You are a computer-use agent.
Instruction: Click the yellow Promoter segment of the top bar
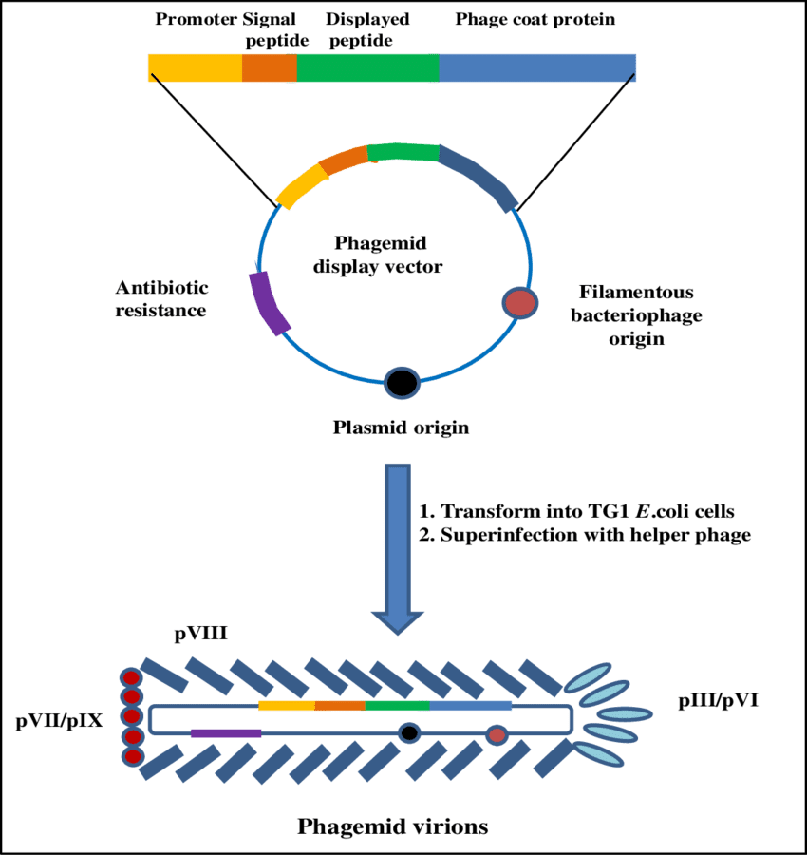pyautogui.click(x=195, y=67)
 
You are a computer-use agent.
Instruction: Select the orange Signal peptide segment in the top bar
pyautogui.click(x=270, y=67)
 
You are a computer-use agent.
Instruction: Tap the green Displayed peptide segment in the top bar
pyautogui.click(x=368, y=67)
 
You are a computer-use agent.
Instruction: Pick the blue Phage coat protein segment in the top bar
pyautogui.click(x=537, y=67)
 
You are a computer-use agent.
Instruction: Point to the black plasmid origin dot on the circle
pyautogui.click(x=402, y=382)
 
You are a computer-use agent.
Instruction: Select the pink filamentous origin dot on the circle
pyautogui.click(x=519, y=303)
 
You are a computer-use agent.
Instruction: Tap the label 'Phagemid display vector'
pyautogui.click(x=378, y=255)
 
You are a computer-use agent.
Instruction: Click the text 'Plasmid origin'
pyautogui.click(x=401, y=427)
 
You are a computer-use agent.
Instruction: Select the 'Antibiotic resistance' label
pyautogui.click(x=161, y=298)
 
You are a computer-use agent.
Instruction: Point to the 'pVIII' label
pyautogui.click(x=200, y=633)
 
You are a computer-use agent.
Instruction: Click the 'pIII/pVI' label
pyautogui.click(x=718, y=702)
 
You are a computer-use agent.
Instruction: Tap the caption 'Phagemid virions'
pyautogui.click(x=392, y=826)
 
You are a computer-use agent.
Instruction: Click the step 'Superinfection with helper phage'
pyautogui.click(x=585, y=535)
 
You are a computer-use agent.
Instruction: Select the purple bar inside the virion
pyautogui.click(x=226, y=732)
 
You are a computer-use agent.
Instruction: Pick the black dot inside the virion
pyautogui.click(x=409, y=732)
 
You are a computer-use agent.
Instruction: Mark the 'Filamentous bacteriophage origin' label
pyautogui.click(x=636, y=314)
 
